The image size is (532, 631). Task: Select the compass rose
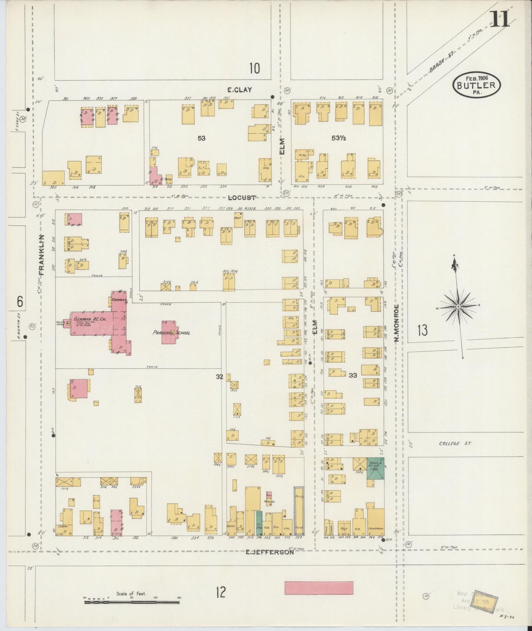(x=458, y=306)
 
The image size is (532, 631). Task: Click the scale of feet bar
(x=133, y=602)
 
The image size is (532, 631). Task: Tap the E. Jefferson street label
(x=269, y=552)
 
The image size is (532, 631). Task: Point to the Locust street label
(x=241, y=198)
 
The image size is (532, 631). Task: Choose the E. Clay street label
(x=240, y=89)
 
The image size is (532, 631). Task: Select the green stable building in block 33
(x=376, y=469)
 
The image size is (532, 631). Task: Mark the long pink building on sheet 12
(x=319, y=587)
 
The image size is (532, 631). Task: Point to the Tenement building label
(x=376, y=529)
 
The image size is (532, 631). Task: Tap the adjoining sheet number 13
(x=423, y=330)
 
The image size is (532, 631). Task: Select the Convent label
(x=119, y=300)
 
